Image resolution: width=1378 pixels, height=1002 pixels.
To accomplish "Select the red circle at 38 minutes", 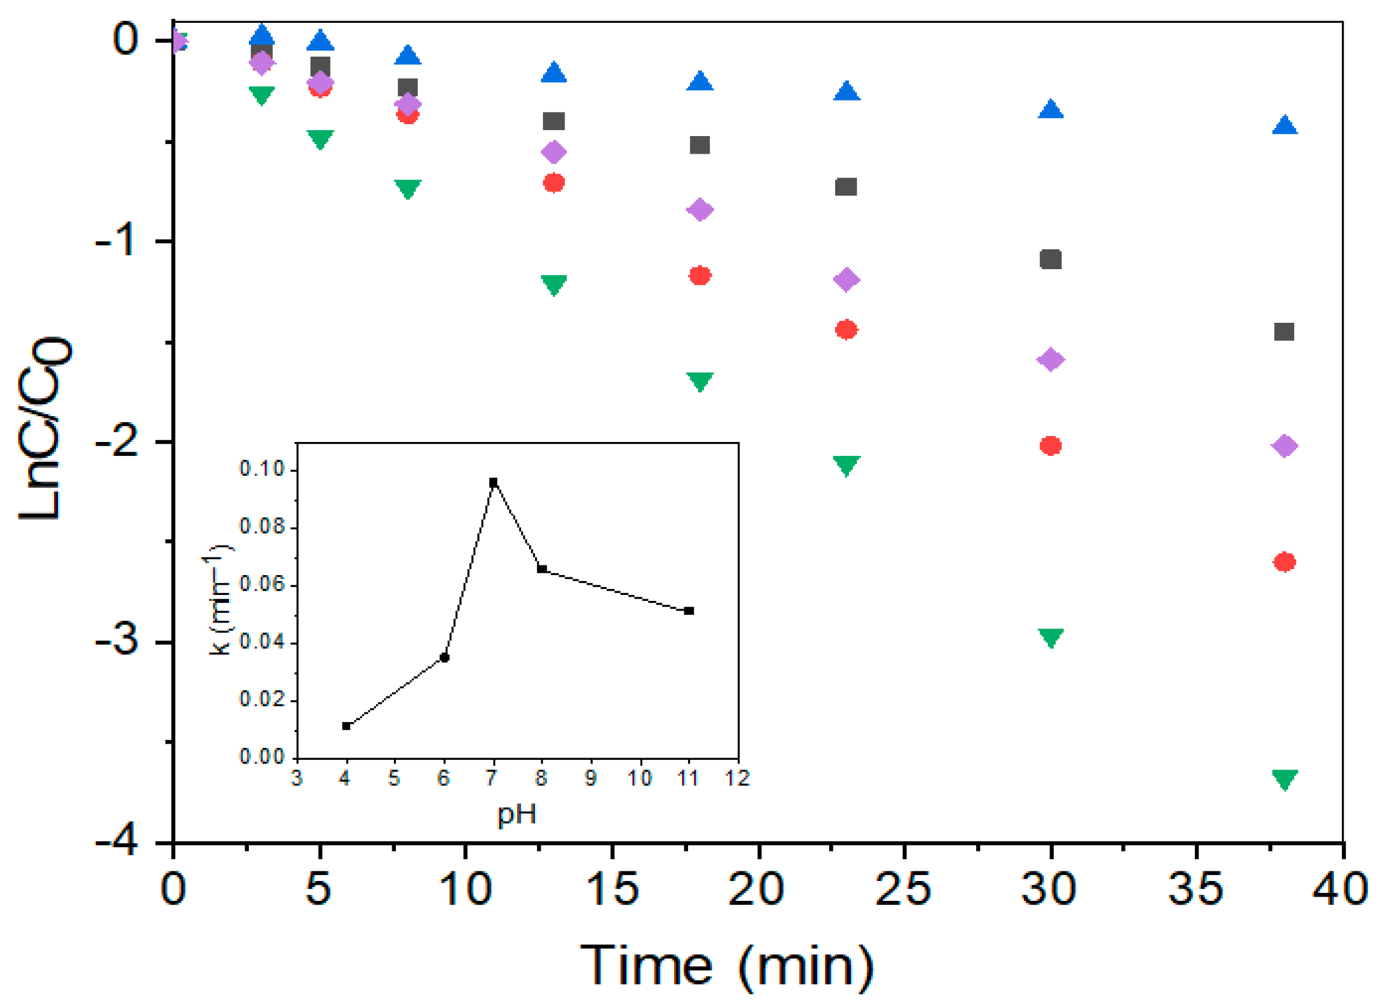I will pyautogui.click(x=1284, y=562).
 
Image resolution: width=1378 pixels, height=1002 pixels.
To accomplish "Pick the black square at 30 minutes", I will pyautogui.click(x=1050, y=260).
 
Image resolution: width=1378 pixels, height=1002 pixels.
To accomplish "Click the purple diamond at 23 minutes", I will pyautogui.click(x=847, y=279).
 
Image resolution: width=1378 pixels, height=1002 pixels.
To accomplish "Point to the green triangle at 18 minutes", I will pyautogui.click(x=700, y=381).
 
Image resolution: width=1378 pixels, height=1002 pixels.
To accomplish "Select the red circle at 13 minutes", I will pyautogui.click(x=554, y=182).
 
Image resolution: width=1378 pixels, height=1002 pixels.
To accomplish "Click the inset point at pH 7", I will pyautogui.click(x=493, y=482).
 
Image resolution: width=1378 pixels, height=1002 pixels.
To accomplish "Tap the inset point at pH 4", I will pyautogui.click(x=346, y=726).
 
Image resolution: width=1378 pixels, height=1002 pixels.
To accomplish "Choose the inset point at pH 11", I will pyautogui.click(x=689, y=611).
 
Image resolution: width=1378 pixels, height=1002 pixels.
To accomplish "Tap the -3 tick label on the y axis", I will pyautogui.click(x=116, y=642).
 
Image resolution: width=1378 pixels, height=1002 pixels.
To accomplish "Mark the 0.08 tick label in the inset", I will pyautogui.click(x=263, y=526).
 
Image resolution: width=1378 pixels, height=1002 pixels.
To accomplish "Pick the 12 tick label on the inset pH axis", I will pyautogui.click(x=738, y=779).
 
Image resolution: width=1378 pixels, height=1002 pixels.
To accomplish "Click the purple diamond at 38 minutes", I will pyautogui.click(x=1284, y=446).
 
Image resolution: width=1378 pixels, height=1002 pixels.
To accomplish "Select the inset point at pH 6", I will pyautogui.click(x=444, y=657).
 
